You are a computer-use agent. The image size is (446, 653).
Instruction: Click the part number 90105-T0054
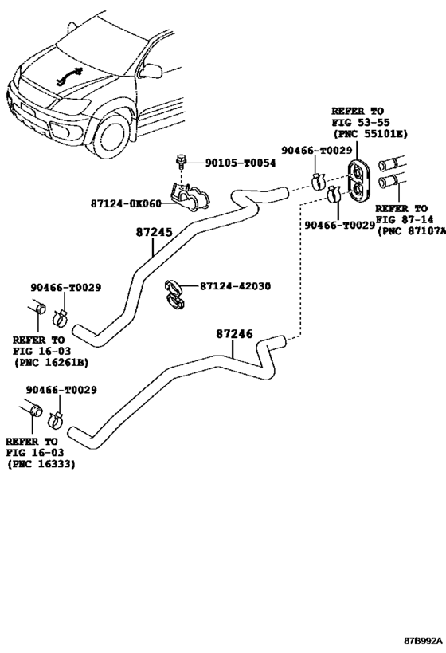[x=240, y=163]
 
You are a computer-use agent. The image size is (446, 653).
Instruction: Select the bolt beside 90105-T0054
[x=182, y=161]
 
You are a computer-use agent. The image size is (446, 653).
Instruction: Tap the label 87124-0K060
[x=126, y=203]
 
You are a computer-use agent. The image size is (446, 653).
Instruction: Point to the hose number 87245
[x=154, y=232]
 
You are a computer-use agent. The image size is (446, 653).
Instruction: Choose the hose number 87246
[x=234, y=333]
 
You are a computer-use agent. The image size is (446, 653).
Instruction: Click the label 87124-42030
[x=235, y=286]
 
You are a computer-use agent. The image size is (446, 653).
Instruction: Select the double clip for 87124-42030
[x=174, y=295]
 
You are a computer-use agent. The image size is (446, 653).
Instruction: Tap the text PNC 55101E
[x=373, y=134]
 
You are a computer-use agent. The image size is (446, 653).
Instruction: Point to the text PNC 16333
[x=44, y=463]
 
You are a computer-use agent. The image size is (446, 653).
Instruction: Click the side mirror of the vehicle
[x=151, y=70]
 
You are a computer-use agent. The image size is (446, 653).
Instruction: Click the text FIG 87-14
[x=405, y=219]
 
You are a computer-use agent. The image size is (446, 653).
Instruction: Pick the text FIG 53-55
[x=360, y=123]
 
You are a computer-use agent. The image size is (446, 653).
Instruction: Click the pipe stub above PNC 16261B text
[x=37, y=309]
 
